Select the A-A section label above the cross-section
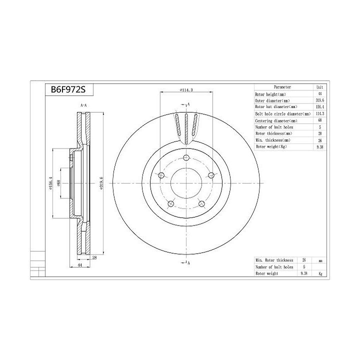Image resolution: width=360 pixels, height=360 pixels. pyautogui.click(x=83, y=106)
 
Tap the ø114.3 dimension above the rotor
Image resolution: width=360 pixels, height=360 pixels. pyautogui.click(x=174, y=89)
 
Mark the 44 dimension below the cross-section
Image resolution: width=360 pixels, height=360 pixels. pyautogui.click(x=80, y=265)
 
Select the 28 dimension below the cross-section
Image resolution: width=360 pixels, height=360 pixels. pyautogui.click(x=94, y=257)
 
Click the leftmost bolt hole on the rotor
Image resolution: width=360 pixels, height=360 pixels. pyautogui.click(x=160, y=175)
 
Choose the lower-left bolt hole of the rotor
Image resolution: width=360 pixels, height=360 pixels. pyautogui.click(x=170, y=204)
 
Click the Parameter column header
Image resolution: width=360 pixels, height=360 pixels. pyautogui.click(x=282, y=87)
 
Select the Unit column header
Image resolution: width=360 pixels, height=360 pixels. pyautogui.click(x=320, y=87)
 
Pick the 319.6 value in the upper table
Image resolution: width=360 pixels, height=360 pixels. pyautogui.click(x=320, y=100)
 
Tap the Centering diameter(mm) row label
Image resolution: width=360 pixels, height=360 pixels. pyautogui.click(x=276, y=121)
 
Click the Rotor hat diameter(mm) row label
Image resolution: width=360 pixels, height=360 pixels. pyautogui.click(x=276, y=107)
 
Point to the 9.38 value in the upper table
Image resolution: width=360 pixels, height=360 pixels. pyautogui.click(x=320, y=147)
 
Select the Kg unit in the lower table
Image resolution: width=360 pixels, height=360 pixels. pyautogui.click(x=320, y=274)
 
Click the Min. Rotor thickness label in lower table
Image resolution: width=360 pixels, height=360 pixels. pyautogui.click(x=273, y=260)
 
